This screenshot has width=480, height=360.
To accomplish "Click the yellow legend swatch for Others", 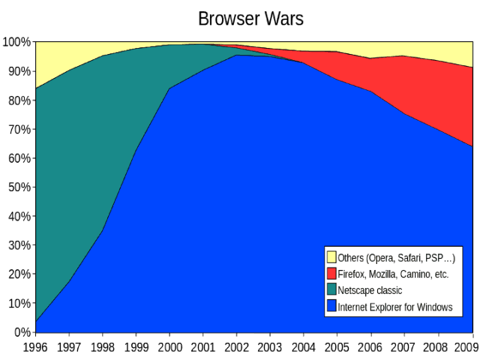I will click(331, 257).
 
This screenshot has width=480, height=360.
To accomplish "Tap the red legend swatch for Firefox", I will click(331, 274).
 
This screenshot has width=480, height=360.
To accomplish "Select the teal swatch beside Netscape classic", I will click(331, 291).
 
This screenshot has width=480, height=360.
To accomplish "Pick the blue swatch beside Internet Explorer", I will click(331, 307).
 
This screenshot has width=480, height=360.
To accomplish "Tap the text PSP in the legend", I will click(440, 258).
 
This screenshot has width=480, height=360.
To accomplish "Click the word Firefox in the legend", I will click(352, 274).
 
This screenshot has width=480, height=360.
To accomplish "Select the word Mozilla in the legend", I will click(388, 274).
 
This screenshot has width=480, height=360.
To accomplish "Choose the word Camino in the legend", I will click(423, 274).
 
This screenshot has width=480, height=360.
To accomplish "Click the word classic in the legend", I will click(390, 291).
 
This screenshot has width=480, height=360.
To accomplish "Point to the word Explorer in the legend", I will click(388, 307).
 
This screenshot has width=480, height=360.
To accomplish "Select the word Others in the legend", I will click(350, 258).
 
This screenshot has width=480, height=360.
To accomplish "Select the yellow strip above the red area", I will click(427, 49).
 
